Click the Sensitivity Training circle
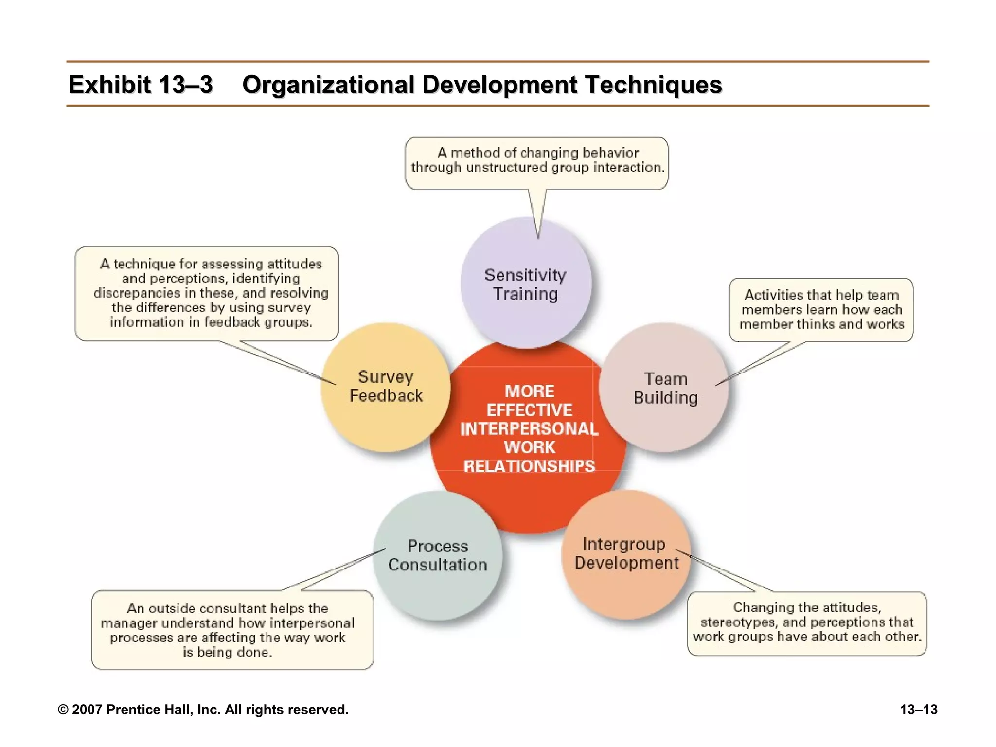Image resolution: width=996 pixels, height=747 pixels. pyautogui.click(x=526, y=284)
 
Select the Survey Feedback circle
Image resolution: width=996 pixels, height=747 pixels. pyautogui.click(x=386, y=387)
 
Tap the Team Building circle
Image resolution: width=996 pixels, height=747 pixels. pyautogui.click(x=665, y=388)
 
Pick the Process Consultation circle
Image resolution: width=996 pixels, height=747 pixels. pyautogui.click(x=438, y=555)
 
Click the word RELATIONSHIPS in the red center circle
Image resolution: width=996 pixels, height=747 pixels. pyautogui.click(x=529, y=466)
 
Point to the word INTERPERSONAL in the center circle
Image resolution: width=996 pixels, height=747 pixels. pyautogui.click(x=529, y=429)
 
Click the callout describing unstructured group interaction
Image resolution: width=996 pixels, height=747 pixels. pyautogui.click(x=537, y=160)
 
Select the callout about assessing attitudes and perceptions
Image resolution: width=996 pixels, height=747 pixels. pyautogui.click(x=211, y=293)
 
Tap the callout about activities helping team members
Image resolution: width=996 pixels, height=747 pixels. pyautogui.click(x=821, y=309)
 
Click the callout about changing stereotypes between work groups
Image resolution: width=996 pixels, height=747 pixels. pyautogui.click(x=807, y=622)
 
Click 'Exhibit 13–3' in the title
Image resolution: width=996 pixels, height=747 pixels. pyautogui.click(x=141, y=85)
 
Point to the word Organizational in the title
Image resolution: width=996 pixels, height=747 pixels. pyautogui.click(x=328, y=85)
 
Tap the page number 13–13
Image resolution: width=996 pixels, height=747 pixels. pyautogui.click(x=918, y=710)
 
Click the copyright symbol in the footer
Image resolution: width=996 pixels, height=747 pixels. pyautogui.click(x=63, y=710)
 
